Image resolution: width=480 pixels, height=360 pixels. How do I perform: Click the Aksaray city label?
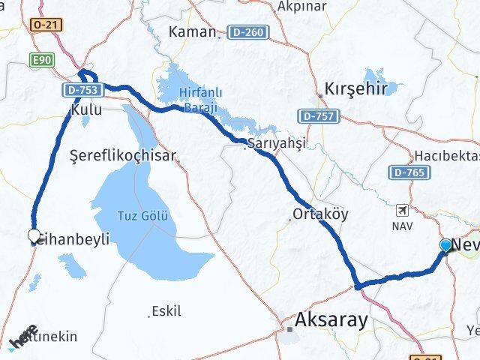pyautogui.click(x=332, y=321)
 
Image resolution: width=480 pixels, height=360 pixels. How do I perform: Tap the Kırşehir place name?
pyautogui.click(x=355, y=88)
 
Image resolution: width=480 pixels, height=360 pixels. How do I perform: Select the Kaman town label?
pyautogui.click(x=192, y=32)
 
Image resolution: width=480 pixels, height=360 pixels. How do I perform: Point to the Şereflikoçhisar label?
pyautogui.click(x=123, y=157)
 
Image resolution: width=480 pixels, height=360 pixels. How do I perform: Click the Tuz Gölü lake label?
pyautogui.click(x=142, y=216)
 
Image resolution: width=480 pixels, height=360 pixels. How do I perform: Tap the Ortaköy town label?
pyautogui.click(x=320, y=214)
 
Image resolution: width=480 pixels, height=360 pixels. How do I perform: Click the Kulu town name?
pyautogui.click(x=81, y=109)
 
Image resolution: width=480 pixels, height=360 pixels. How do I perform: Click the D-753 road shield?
pyautogui.click(x=78, y=90)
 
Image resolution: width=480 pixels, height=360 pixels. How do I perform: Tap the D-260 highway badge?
pyautogui.click(x=248, y=32)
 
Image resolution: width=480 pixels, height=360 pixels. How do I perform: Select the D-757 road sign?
pyautogui.click(x=319, y=116)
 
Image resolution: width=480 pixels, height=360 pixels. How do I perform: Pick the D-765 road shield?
pyautogui.click(x=410, y=172)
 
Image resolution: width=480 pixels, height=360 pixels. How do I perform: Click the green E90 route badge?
pyautogui.click(x=40, y=58)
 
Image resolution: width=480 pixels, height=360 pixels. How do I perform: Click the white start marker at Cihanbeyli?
pyautogui.click(x=34, y=236)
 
